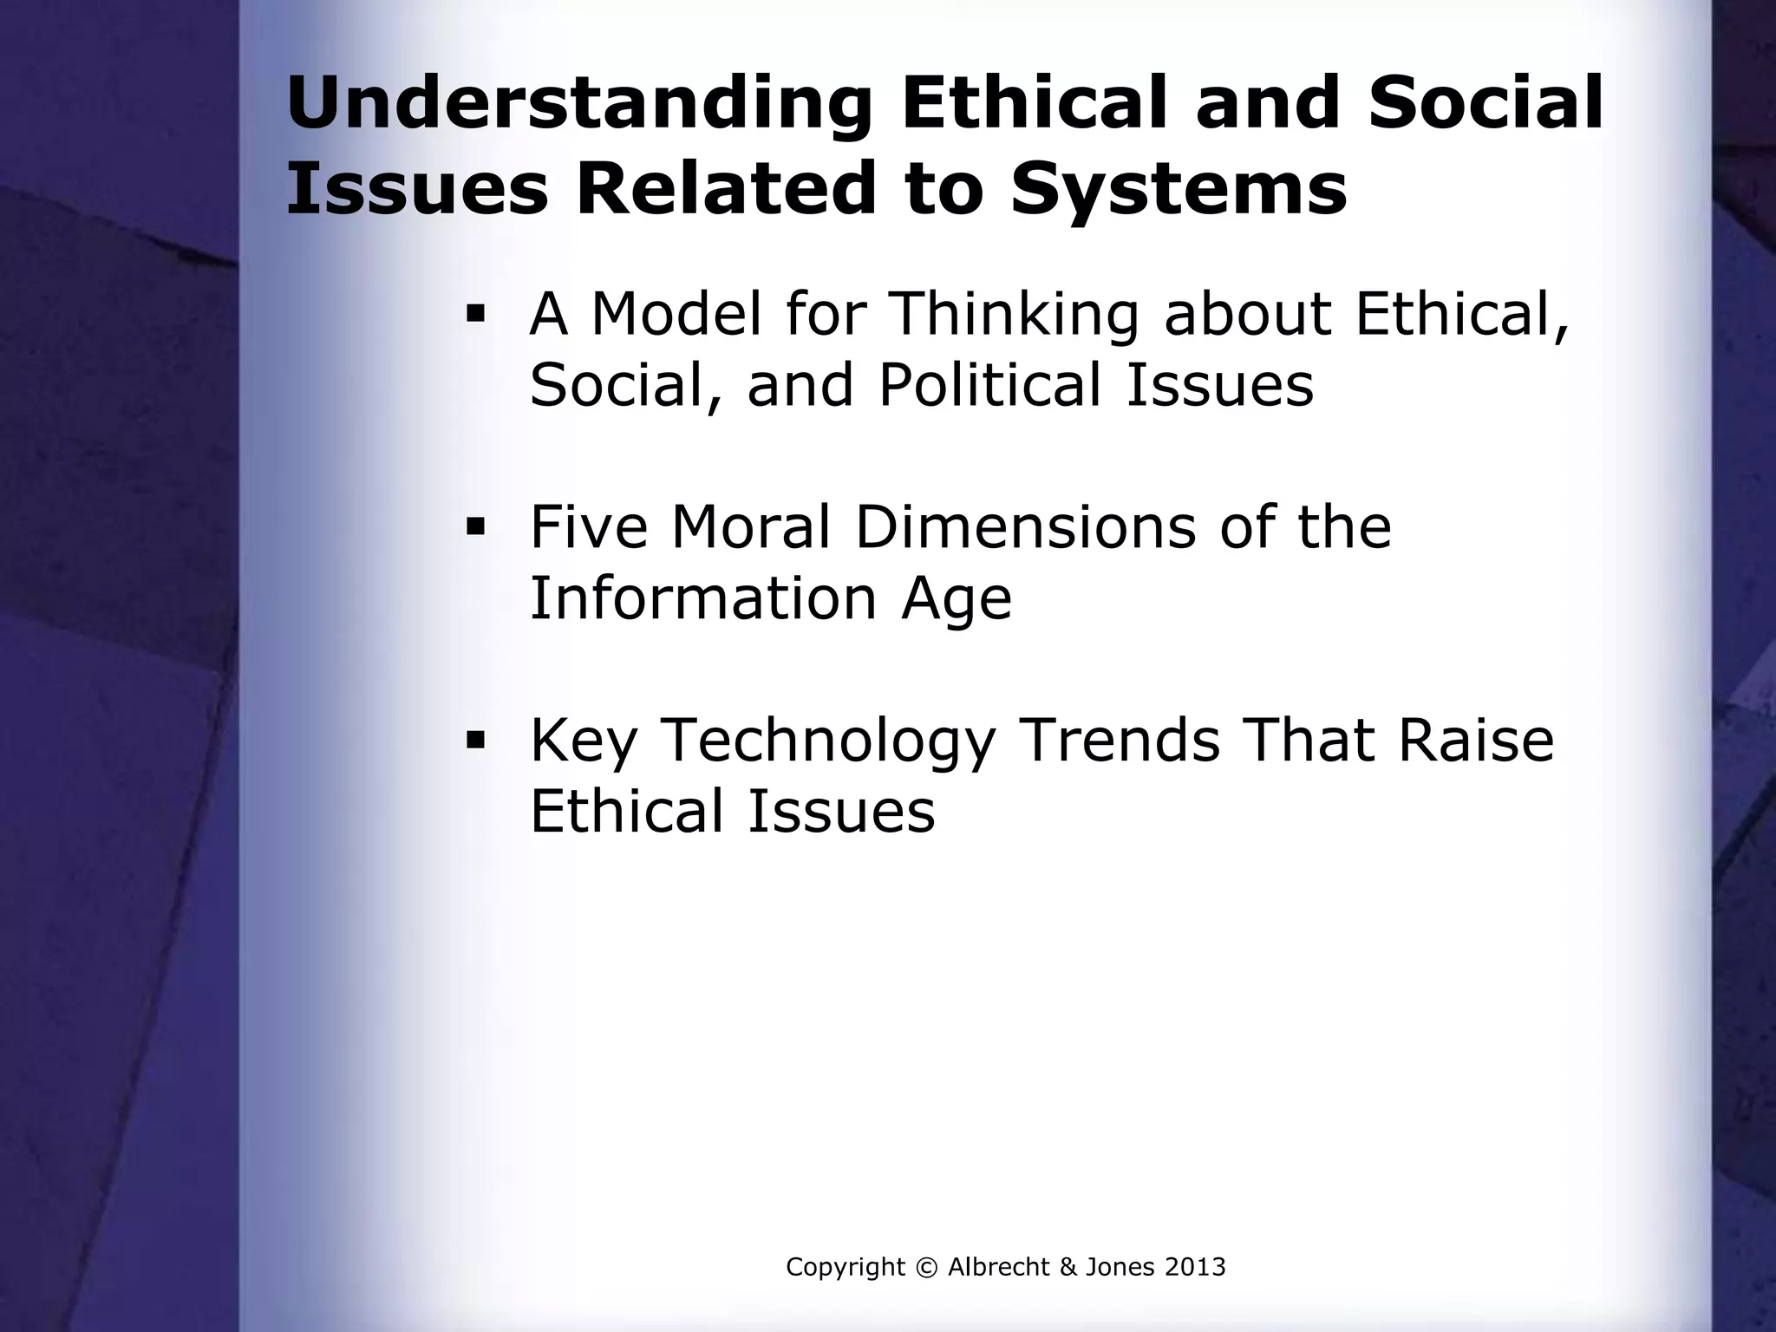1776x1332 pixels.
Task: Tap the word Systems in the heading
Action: pyautogui.click(x=1179, y=189)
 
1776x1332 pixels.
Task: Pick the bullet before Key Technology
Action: pyautogui.click(x=474, y=740)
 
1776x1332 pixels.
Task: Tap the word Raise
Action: pyautogui.click(x=1474, y=740)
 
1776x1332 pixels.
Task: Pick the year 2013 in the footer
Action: pyautogui.click(x=1194, y=1268)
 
